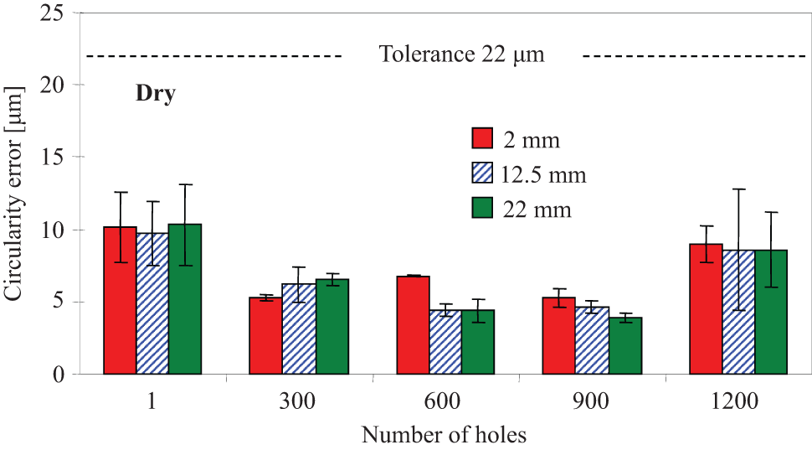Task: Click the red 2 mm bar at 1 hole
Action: point(121,300)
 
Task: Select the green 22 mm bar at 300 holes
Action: point(332,327)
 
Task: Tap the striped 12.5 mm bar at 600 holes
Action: point(446,342)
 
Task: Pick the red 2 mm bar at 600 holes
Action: point(414,325)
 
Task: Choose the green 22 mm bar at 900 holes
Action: point(625,346)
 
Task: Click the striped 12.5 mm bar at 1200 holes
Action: point(739,312)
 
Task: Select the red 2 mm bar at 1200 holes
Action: point(706,309)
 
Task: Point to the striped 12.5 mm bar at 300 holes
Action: point(300,328)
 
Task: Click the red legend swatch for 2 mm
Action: point(482,138)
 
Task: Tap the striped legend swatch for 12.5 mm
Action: point(482,173)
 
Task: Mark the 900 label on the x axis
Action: point(591,401)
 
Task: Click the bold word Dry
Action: point(156,95)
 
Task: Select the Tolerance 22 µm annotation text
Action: point(462,54)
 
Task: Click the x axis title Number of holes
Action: point(444,434)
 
